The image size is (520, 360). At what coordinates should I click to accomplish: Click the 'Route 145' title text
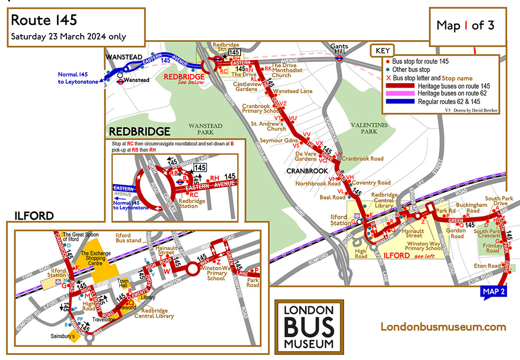pos(44,20)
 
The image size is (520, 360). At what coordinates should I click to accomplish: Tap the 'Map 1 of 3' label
pos(465,25)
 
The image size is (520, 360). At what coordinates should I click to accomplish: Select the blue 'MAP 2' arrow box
pos(493,292)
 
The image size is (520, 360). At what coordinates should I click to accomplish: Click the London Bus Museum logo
pos(309,326)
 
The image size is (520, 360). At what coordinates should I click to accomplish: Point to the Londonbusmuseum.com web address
pos(443,327)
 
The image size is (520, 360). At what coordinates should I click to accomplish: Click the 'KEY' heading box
pos(382,51)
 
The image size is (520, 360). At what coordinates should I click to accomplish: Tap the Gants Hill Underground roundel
pos(340,57)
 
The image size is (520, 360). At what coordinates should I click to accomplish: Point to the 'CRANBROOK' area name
pos(307,171)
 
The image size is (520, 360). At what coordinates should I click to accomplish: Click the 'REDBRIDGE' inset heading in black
pos(139,132)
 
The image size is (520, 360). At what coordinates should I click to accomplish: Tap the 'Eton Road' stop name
pos(487,266)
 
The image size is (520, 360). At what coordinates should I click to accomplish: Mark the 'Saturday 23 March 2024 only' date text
pos(69,37)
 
